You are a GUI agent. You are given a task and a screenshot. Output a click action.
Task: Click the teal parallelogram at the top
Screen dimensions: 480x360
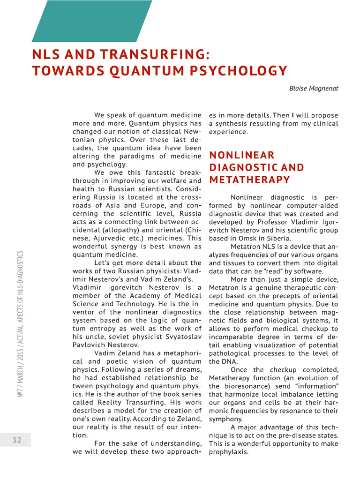92,21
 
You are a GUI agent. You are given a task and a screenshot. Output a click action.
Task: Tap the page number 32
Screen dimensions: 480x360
17,440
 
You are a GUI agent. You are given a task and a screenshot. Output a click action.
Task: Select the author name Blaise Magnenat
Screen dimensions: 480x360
314,88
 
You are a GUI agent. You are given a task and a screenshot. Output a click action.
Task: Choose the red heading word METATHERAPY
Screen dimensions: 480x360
249,180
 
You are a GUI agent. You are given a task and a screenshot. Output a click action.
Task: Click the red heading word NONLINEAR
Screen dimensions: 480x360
241,155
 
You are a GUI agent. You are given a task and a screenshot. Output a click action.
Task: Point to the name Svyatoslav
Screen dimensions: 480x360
180,336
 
